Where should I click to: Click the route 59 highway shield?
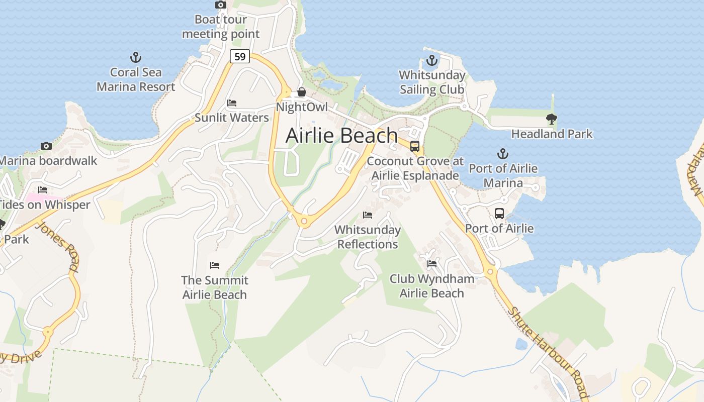[x=240, y=56]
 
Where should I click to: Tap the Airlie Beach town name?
[x=342, y=136]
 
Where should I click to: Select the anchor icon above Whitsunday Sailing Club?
[x=432, y=61]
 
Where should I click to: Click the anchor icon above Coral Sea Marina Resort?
[x=135, y=57]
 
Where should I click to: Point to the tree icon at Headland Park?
[x=552, y=119]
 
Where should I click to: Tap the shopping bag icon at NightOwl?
[x=302, y=92]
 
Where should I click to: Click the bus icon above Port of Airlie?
[x=499, y=214]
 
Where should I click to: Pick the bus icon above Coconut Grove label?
[x=415, y=146]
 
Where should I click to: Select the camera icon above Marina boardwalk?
[x=46, y=146]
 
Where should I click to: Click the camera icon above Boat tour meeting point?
[x=220, y=5]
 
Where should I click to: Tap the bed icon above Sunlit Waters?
[x=232, y=103]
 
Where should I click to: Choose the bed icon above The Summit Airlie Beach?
[x=215, y=265]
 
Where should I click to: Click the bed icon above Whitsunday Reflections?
[x=368, y=215]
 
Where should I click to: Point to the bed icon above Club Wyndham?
[x=431, y=264]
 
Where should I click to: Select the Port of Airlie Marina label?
[x=503, y=175]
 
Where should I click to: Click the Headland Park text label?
[x=552, y=134]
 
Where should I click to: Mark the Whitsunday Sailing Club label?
[x=432, y=82]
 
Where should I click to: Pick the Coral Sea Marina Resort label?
[x=136, y=79]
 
